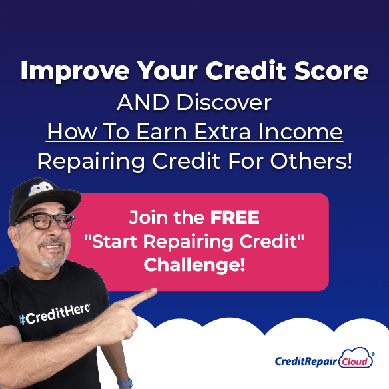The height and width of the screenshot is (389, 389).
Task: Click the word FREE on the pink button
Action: (x=235, y=218)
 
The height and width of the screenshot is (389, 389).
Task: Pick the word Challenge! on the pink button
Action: (x=195, y=265)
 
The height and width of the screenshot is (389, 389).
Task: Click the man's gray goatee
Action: (x=52, y=262)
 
